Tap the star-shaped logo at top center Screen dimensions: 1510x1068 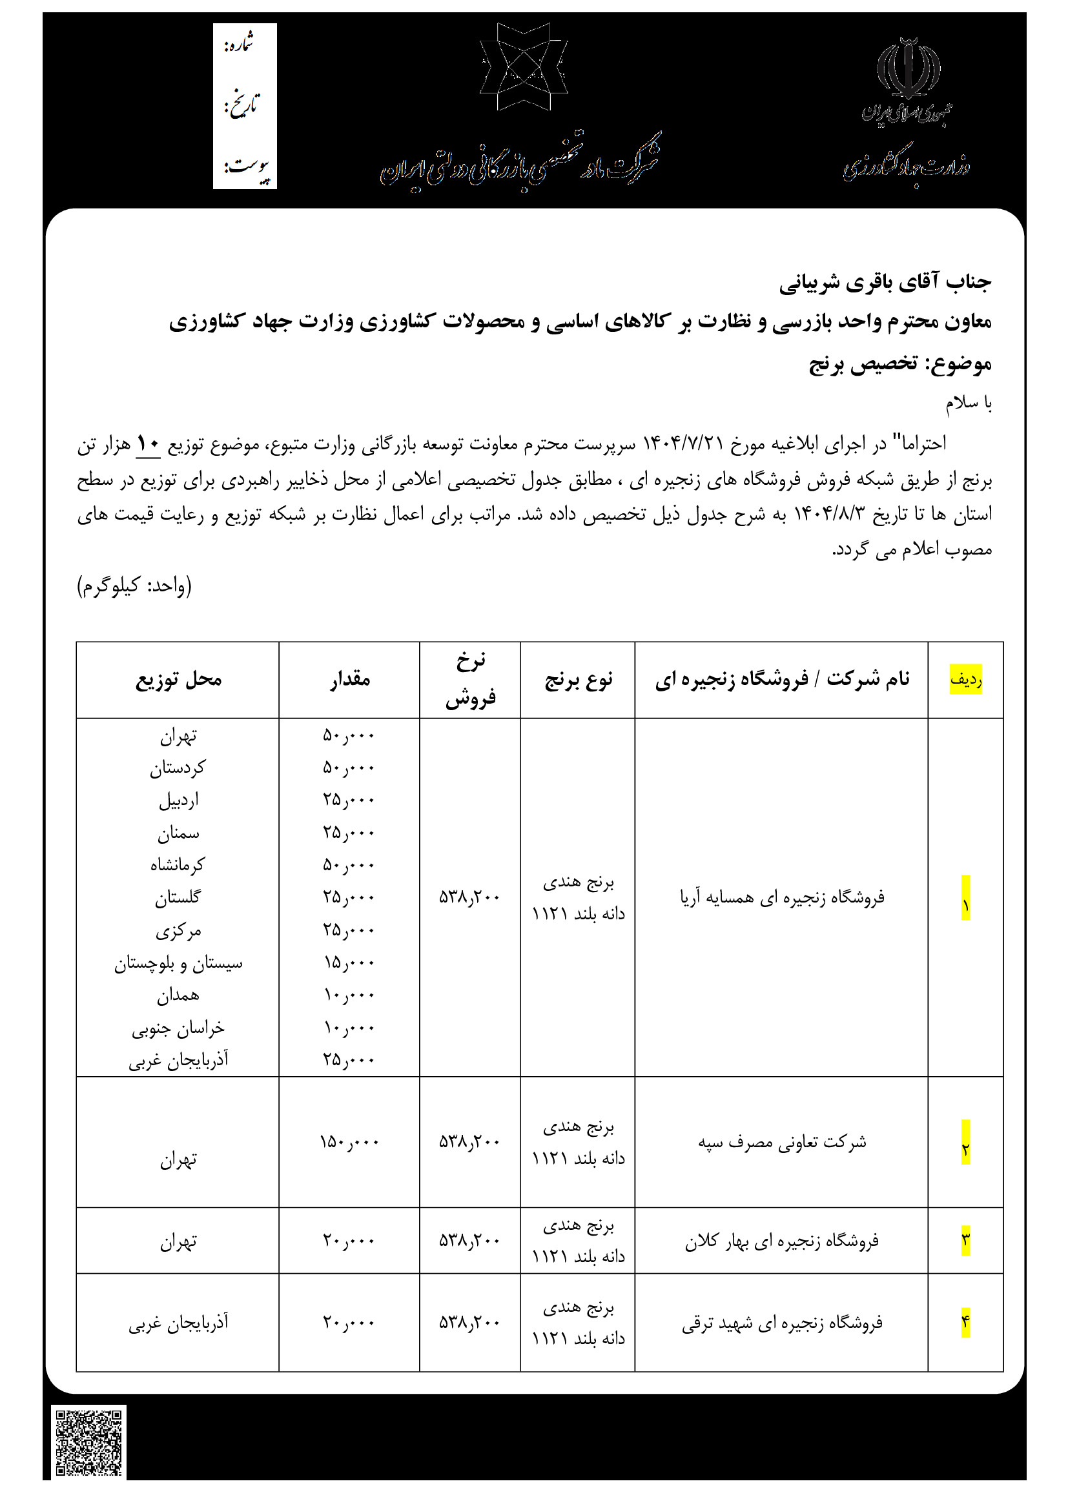pos(524,66)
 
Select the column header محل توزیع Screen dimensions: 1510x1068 pos(178,679)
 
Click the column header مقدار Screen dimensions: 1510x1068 pos(350,679)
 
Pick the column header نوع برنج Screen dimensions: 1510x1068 pos(578,679)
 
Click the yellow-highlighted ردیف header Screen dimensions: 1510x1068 pos(965,679)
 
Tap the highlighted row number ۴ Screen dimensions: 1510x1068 pos(965,1322)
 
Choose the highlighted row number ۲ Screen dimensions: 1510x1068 pos(965,1150)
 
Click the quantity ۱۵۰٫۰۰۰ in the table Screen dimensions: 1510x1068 pos(349,1142)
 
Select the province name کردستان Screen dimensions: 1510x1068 pos(178,768)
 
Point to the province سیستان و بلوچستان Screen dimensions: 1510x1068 pos(178,963)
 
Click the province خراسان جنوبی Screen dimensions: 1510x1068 pos(178,1028)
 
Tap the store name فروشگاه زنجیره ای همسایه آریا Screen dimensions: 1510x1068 pos(782,897)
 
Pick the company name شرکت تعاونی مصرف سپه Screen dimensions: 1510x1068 pos(782,1143)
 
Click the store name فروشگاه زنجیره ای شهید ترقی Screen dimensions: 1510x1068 pos(782,1323)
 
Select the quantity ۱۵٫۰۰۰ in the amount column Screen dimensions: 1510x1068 pos(349,963)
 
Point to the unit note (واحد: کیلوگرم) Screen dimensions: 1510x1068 pos(134,586)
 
